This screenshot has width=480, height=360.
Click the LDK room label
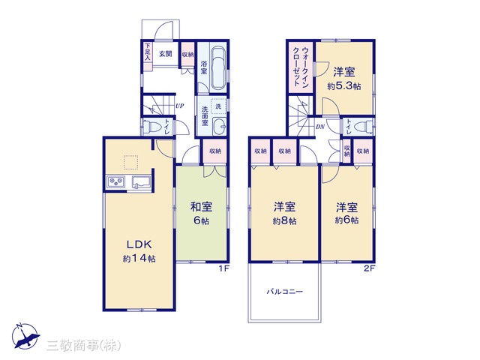point(139,244)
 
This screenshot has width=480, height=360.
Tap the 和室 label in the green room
point(201,207)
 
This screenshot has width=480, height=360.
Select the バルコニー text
point(285,292)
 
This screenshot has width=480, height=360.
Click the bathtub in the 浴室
point(217,67)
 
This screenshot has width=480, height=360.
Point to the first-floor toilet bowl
point(150,126)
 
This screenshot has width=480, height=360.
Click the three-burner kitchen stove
point(115,182)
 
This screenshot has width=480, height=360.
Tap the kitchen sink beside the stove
point(141,182)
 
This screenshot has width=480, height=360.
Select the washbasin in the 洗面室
point(219,126)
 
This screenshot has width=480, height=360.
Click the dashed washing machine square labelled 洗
point(218,106)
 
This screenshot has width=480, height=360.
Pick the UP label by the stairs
point(180,106)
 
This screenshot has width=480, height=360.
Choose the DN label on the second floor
point(320,127)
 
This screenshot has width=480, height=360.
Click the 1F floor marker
point(223,268)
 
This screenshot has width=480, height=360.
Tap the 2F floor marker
point(369,268)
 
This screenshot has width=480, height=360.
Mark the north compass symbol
point(25,336)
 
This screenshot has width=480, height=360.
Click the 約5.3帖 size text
point(344,86)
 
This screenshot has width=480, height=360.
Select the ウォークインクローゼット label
point(301,67)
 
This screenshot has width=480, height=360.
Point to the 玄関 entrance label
point(166,54)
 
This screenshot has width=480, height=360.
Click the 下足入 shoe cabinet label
point(148,52)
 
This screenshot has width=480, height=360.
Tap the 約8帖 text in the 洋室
point(285,221)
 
